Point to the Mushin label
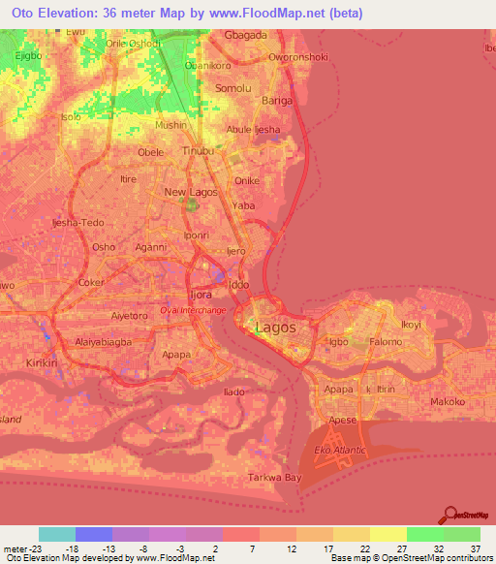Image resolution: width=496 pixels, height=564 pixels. (171, 125)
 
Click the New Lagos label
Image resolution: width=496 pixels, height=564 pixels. (188, 192)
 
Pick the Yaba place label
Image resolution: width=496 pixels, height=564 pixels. (243, 205)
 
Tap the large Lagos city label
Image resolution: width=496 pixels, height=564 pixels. (276, 328)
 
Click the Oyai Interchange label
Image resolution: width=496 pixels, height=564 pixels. (193, 310)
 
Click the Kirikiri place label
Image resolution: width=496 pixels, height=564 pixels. (43, 361)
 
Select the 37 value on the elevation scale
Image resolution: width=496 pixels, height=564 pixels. (476, 548)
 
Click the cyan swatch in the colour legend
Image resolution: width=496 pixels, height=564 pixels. (56, 534)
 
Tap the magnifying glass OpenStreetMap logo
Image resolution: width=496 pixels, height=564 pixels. (450, 516)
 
